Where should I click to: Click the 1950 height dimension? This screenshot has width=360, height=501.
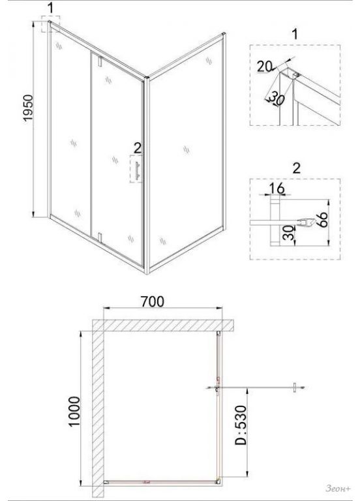[28, 108]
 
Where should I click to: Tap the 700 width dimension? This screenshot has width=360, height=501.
[153, 301]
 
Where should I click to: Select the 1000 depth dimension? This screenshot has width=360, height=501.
[74, 411]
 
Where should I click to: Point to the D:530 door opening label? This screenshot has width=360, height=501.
[241, 425]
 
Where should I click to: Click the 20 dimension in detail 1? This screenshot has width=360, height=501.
[265, 67]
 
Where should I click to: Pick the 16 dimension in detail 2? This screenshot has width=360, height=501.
[277, 188]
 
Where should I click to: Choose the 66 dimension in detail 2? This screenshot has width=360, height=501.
[323, 219]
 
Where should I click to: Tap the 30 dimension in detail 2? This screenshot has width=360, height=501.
[288, 234]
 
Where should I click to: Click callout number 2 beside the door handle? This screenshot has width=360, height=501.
[138, 148]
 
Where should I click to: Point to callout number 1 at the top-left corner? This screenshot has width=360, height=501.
[51, 8]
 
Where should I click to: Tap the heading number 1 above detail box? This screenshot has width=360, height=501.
[295, 34]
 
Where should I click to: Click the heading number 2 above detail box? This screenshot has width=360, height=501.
[297, 168]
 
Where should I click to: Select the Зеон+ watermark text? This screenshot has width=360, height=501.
[338, 488]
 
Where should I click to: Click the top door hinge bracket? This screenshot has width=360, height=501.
[100, 61]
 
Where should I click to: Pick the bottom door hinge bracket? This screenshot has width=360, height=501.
[100, 237]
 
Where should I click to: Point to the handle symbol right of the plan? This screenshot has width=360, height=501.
[295, 387]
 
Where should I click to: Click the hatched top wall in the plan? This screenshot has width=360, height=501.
[164, 326]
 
